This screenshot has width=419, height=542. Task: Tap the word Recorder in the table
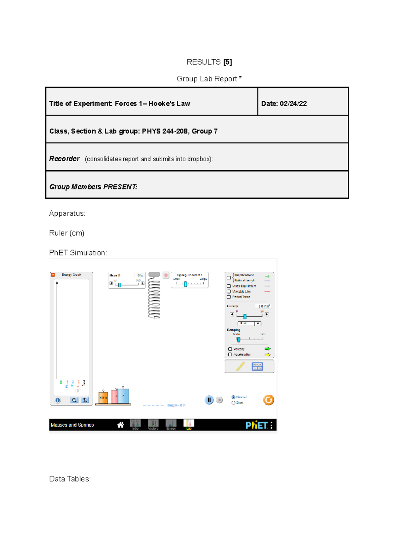(64, 159)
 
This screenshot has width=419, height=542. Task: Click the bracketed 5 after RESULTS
(228, 62)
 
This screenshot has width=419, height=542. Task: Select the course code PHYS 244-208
(164, 131)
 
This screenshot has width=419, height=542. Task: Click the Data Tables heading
(70, 479)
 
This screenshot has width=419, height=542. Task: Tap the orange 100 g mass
(103, 397)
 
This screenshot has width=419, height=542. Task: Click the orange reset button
(269, 400)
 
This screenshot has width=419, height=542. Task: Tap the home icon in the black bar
(120, 425)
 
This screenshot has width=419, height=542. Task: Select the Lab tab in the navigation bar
(189, 424)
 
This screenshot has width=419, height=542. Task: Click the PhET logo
(256, 425)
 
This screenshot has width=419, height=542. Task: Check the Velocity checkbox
(230, 349)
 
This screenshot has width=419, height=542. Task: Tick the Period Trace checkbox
(229, 297)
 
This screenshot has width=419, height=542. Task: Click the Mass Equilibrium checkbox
(229, 286)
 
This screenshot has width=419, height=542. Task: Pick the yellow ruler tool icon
(241, 366)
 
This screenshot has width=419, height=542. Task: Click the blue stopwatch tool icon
(257, 366)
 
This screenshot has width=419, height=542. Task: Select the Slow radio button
(233, 403)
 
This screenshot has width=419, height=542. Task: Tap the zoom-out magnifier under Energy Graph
(74, 400)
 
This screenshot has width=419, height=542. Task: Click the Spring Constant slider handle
(185, 284)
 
